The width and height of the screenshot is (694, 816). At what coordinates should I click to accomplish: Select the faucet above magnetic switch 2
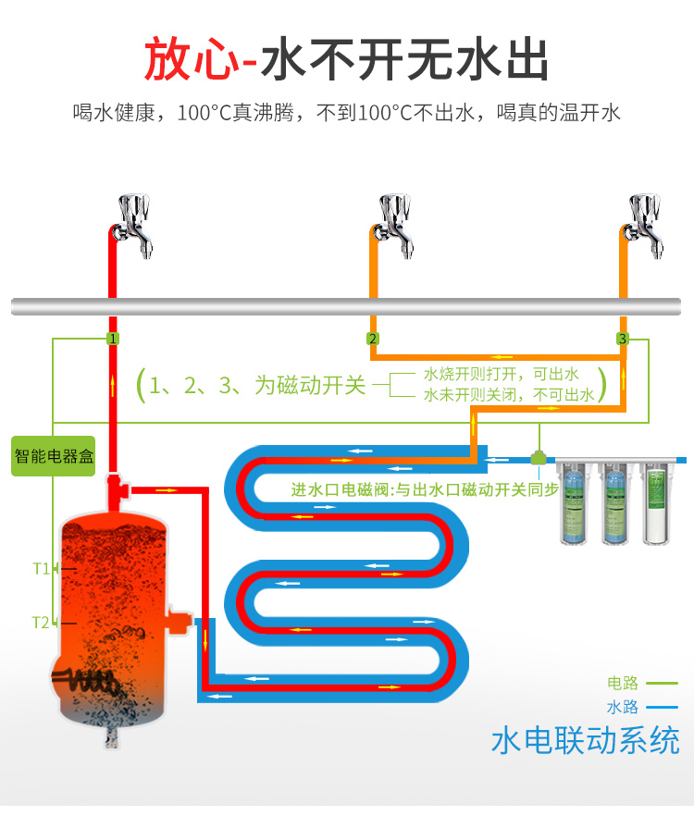tap(393, 225)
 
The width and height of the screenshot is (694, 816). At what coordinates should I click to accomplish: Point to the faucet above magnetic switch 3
tap(644, 225)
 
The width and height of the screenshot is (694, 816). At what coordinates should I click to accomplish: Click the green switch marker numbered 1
tap(112, 340)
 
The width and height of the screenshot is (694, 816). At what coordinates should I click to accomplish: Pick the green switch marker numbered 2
tap(373, 340)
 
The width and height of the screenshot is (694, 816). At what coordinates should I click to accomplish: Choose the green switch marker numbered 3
tap(623, 340)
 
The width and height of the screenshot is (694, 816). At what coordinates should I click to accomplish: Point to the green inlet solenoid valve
tap(538, 456)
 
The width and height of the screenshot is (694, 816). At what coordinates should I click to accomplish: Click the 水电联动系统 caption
tap(585, 741)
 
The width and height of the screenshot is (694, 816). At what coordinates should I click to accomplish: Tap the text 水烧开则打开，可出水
tap(501, 374)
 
